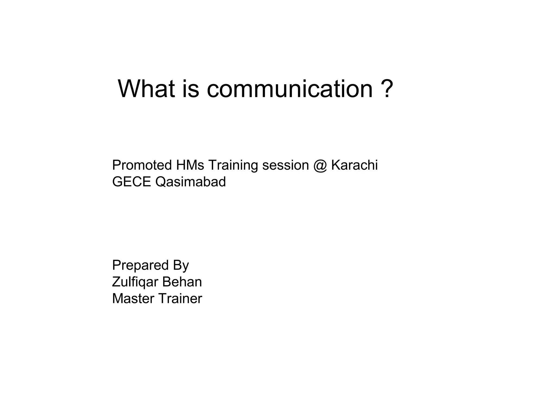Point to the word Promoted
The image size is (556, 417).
point(142,165)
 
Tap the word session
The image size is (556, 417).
point(285,165)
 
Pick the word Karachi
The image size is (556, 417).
point(354,165)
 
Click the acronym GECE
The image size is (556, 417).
point(131,182)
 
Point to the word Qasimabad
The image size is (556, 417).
point(190,182)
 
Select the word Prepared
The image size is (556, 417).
point(140,265)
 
